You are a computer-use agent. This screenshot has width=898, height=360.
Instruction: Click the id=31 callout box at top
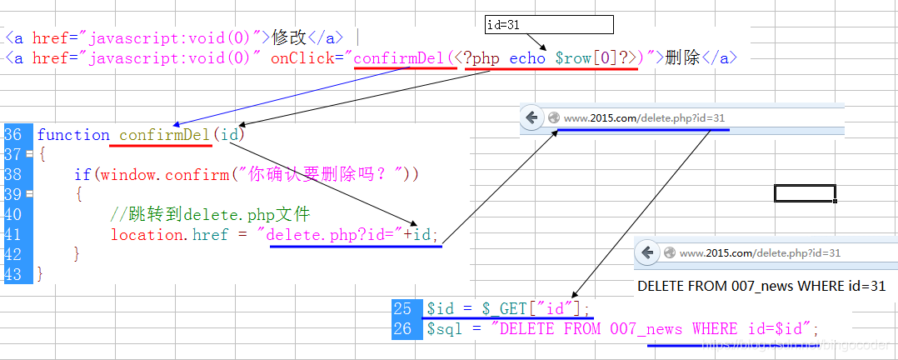tap(549, 25)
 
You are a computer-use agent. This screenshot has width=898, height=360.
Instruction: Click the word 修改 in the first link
tap(289, 37)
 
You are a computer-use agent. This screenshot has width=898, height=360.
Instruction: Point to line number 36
tap(13, 135)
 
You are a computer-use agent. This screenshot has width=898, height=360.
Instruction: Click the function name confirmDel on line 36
tap(165, 135)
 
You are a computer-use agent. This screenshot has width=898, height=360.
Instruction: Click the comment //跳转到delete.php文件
tap(210, 215)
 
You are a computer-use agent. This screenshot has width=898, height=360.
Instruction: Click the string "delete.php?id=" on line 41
tap(335, 235)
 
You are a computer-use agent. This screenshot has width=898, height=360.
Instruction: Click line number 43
tap(13, 274)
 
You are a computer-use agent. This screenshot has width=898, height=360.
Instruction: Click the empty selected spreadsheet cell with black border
tap(805, 193)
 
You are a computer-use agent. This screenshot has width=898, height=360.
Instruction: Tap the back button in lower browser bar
tap(647, 252)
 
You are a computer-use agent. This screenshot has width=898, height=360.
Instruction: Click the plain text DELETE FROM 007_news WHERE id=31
tap(761, 286)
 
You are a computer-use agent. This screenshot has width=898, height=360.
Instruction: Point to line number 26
tap(402, 329)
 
